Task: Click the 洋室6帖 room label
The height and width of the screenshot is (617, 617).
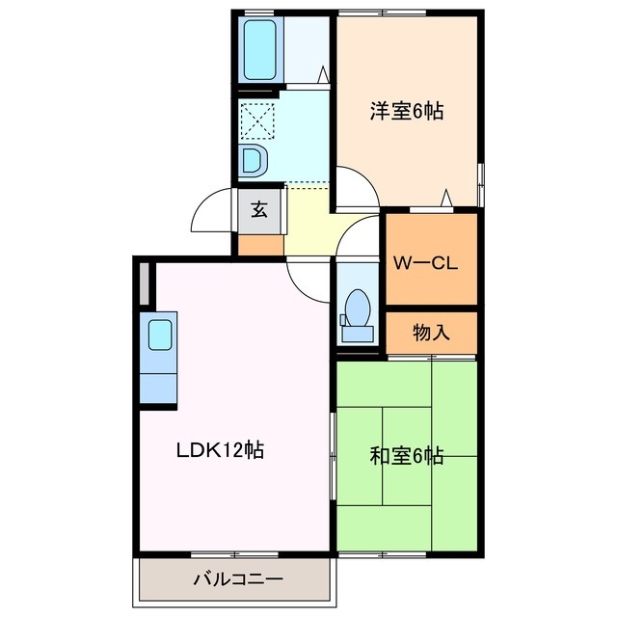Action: pyautogui.click(x=406, y=111)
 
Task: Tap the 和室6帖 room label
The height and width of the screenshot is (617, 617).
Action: pyautogui.click(x=406, y=455)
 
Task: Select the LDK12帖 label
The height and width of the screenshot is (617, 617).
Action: pyautogui.click(x=220, y=449)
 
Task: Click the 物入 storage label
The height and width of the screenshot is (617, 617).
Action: pyautogui.click(x=431, y=333)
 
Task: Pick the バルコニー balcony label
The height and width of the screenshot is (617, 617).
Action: pyautogui.click(x=236, y=580)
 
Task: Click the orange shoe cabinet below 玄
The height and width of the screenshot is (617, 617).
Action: pyautogui.click(x=259, y=245)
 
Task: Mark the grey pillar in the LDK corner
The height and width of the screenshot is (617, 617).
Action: pyautogui.click(x=145, y=282)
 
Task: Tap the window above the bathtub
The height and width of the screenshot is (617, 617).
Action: pyautogui.click(x=257, y=12)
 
